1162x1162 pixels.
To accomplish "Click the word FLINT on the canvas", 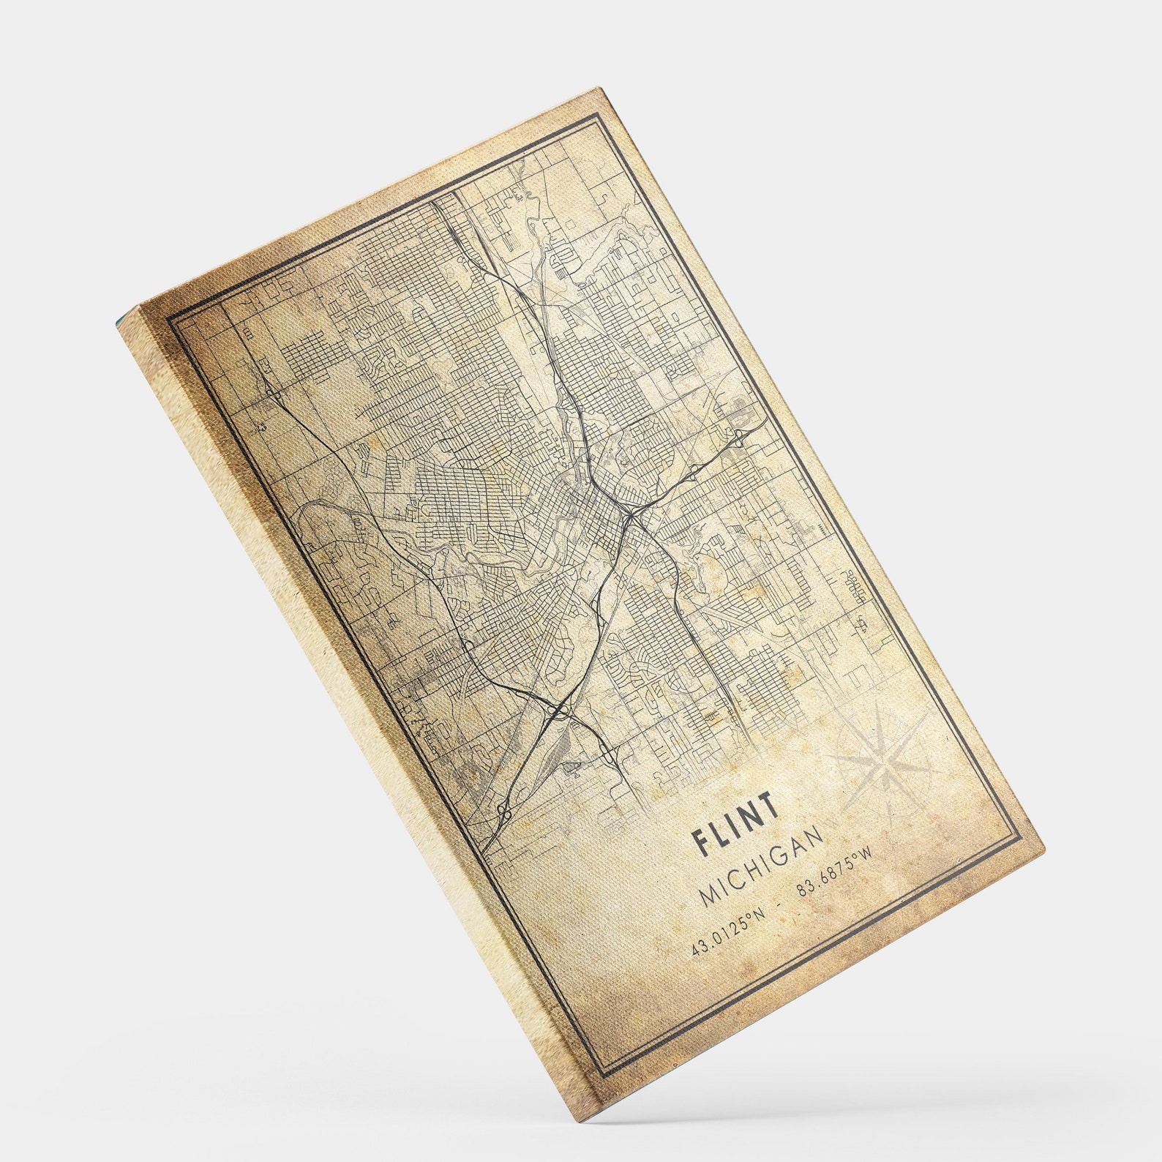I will coord(735,823).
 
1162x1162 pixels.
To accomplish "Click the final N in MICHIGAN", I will coord(815,834).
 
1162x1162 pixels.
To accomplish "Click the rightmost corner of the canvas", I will coord(1045,847).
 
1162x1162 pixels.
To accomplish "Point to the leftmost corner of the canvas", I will coord(116,323).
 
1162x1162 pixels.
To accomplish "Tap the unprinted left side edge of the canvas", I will coord(351,702).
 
